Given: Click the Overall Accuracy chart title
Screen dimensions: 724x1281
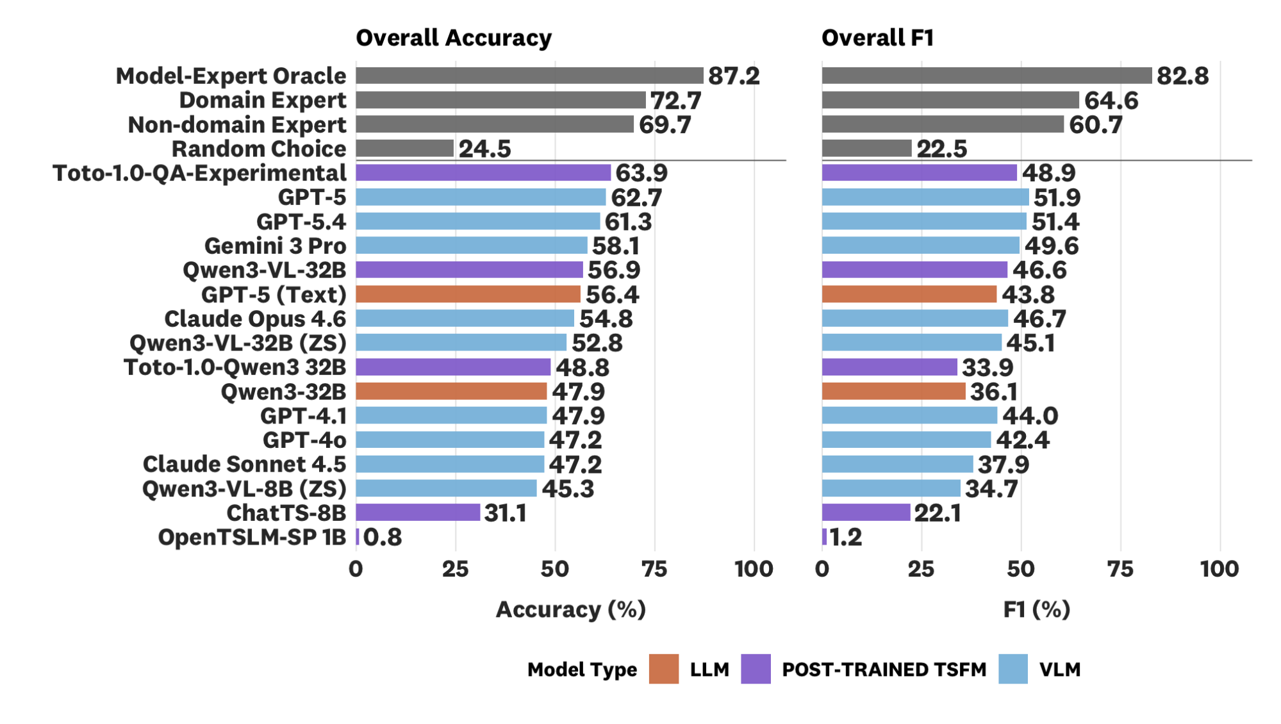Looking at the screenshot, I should coord(453,38).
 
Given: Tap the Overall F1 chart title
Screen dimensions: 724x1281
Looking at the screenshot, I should coord(877,38).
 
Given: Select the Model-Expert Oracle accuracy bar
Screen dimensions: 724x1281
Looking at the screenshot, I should coord(529,76).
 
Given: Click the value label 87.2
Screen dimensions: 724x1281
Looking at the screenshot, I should coord(734,76).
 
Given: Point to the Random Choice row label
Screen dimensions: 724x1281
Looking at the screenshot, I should coord(258,149).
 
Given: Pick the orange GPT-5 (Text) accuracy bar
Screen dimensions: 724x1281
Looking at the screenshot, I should coord(468,294).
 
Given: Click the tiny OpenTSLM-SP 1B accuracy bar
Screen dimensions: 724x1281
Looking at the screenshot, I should coord(358,537).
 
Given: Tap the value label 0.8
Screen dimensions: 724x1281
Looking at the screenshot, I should coord(383,537).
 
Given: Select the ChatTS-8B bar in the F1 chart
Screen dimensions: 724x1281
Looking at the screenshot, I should coord(866,513).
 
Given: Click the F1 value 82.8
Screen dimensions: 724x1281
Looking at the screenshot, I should coord(1182,76).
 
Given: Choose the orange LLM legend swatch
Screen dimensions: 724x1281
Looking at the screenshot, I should coord(663,669).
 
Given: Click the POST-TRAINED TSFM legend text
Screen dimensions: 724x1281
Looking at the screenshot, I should coord(884,670).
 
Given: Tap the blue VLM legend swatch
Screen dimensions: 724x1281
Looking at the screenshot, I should coord(1012,669).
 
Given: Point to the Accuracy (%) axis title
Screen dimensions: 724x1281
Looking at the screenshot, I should coord(570,609).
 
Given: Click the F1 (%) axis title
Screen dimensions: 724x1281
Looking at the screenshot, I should coord(1036,609).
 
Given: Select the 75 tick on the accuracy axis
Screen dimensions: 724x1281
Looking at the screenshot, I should coord(654,569).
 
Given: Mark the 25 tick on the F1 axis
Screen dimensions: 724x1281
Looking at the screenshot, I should coord(921,569).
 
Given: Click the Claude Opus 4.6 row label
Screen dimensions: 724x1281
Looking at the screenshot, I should coord(254,318).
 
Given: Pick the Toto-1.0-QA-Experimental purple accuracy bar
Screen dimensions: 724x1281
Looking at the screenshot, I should coord(483,173).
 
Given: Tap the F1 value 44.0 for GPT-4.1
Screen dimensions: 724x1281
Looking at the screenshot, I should coord(1030,416).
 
